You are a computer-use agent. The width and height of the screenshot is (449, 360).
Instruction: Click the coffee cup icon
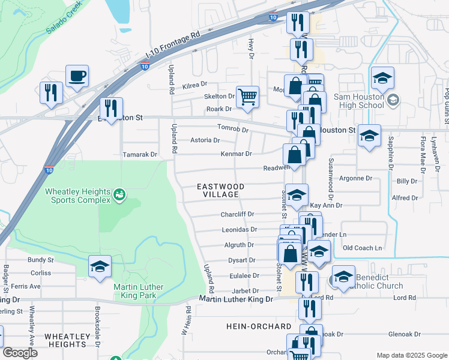tap(77, 77)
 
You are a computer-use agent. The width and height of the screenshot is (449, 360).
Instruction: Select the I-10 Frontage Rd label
tap(172, 46)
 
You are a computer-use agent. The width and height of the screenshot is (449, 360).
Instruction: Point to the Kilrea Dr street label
tap(194, 85)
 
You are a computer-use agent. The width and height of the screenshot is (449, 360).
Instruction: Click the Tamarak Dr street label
tap(139, 154)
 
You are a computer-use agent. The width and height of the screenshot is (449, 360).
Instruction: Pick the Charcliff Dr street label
tap(238, 214)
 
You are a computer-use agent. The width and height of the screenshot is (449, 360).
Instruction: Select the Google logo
tap(19, 353)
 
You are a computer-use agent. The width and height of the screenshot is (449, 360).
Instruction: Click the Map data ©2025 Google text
tap(411, 355)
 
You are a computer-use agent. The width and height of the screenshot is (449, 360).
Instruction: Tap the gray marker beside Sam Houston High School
tap(393, 100)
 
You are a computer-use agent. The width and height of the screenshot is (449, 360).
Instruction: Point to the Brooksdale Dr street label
tap(97, 322)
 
